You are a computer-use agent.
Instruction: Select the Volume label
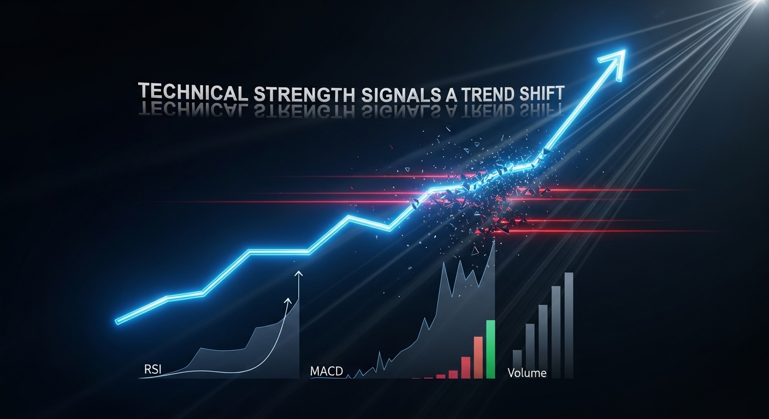pos(527,374)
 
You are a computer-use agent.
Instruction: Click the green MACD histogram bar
pos(490,349)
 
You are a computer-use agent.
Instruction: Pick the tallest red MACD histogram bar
pos(478,357)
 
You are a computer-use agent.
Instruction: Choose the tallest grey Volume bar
pos(569,325)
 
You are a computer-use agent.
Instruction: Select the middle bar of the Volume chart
pos(543,341)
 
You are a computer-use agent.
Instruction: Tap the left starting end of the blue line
pos(117,320)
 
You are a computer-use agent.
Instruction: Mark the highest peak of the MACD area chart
pos(494,242)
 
